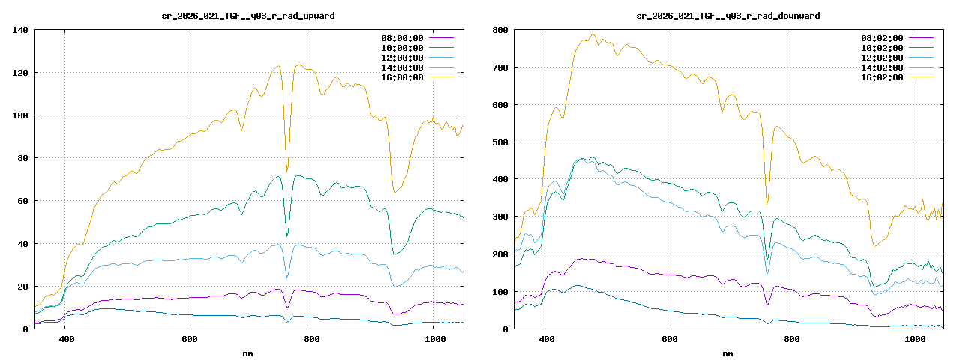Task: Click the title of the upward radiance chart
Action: click(x=248, y=16)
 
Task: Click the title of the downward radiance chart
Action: click(x=728, y=16)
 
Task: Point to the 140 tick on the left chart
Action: click(x=20, y=30)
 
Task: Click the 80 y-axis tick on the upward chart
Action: click(x=22, y=158)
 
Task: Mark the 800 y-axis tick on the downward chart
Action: click(x=499, y=30)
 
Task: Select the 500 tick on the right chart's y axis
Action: click(x=499, y=142)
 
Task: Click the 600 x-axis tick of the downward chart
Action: click(x=667, y=340)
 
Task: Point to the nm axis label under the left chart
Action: click(x=248, y=352)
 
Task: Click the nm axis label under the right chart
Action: click(x=728, y=352)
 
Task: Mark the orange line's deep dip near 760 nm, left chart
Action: click(x=287, y=172)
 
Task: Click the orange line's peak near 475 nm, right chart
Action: click(x=592, y=34)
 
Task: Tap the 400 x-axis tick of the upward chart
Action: click(x=66, y=340)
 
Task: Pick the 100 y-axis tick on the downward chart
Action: click(x=499, y=291)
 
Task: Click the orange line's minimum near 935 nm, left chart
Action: click(x=394, y=193)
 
